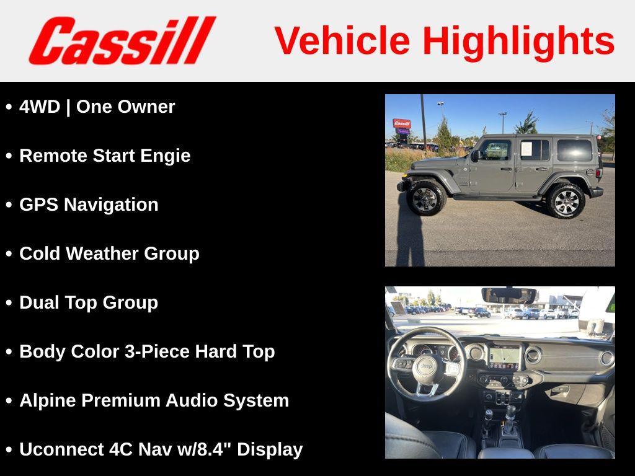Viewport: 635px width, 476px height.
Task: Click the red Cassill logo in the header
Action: coord(122,40)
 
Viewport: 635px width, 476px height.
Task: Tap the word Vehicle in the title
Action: coord(342,40)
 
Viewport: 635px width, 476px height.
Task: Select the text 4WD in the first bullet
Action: coord(40,107)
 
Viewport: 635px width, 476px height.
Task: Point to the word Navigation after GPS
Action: coord(111,205)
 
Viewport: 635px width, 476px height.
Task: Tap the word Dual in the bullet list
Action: coord(39,302)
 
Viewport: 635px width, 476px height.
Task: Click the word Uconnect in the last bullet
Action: coord(61,449)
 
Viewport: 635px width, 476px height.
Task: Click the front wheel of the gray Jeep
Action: coord(427,198)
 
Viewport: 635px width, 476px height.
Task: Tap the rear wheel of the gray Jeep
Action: coord(566,201)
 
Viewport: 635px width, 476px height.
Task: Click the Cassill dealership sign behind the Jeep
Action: coord(402,123)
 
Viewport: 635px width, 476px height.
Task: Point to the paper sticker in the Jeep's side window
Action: coord(526,149)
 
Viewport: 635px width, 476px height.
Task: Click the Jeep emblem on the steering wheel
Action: coord(425,366)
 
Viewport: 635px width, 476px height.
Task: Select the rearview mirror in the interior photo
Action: coord(508,296)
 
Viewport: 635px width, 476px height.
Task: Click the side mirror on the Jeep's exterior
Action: coord(474,155)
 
